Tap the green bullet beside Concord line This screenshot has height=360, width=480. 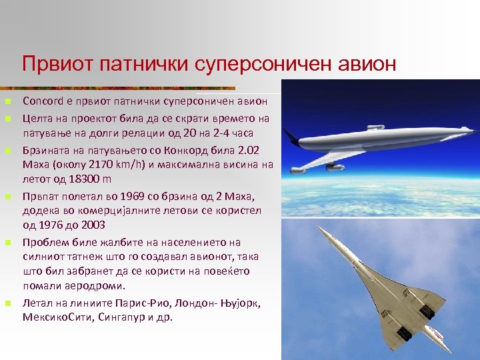(7, 102)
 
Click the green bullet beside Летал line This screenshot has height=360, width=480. (7, 303)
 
